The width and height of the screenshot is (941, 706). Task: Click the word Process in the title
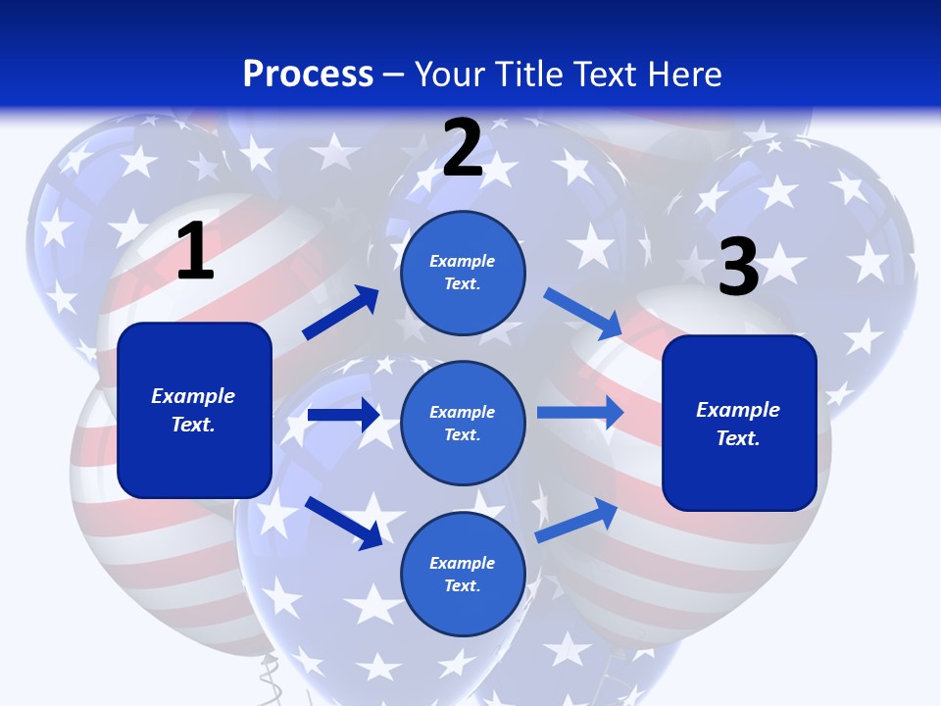(308, 74)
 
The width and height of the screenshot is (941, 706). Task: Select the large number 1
(195, 252)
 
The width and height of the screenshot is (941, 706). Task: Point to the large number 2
(462, 149)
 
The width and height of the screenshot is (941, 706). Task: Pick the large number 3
(738, 268)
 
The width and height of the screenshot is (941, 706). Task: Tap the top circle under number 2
(463, 273)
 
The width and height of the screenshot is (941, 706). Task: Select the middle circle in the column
(463, 423)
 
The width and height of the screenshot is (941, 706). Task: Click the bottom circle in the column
(463, 574)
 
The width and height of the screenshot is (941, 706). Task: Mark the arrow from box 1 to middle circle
(343, 415)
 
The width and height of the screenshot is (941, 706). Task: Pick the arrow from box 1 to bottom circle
(343, 522)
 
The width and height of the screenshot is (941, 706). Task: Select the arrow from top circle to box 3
(582, 313)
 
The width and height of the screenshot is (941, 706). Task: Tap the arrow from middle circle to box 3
(580, 412)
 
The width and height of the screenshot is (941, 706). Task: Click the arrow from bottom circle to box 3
(576, 520)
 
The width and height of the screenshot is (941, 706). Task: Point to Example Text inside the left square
(193, 410)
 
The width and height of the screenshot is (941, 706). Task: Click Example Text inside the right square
(738, 424)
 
